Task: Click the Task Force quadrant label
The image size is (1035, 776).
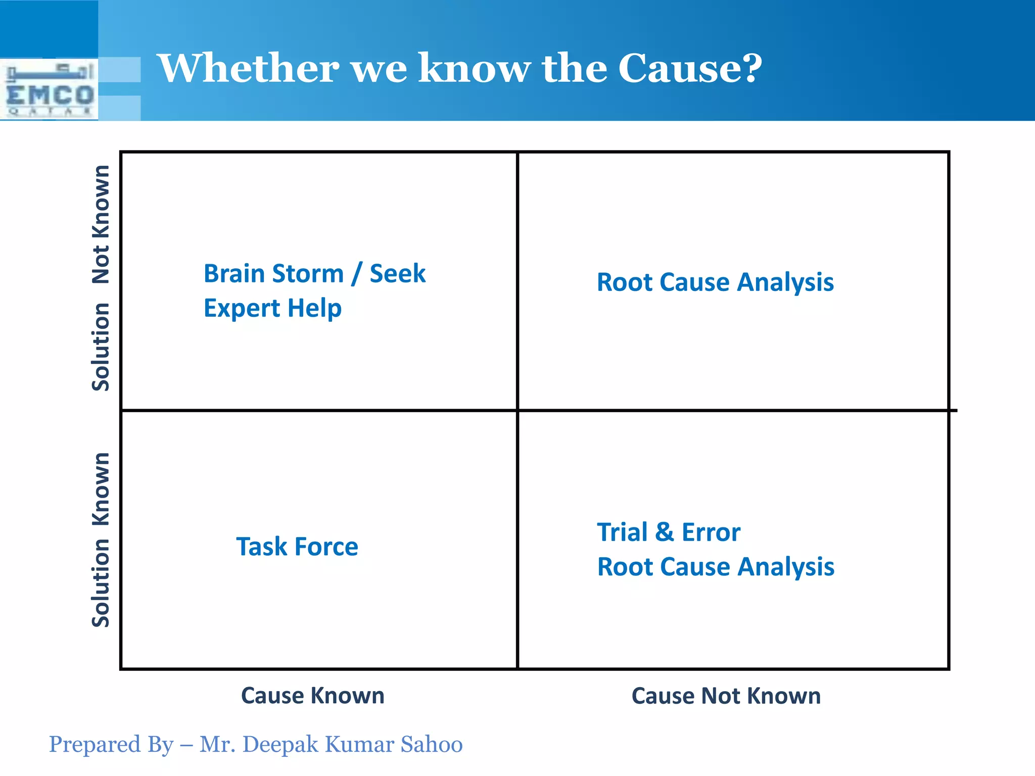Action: [297, 547]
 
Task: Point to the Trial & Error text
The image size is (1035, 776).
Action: [668, 532]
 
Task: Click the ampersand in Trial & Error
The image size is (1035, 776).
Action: [664, 532]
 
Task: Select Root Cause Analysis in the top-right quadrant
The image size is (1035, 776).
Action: [715, 282]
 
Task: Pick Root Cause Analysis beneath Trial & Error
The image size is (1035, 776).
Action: [715, 566]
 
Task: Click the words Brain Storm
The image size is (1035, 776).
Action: [273, 274]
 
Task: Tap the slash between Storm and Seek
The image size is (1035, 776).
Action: [357, 274]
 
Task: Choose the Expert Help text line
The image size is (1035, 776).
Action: [272, 308]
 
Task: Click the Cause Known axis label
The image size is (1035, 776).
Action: [312, 696]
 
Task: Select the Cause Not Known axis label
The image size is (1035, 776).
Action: [726, 696]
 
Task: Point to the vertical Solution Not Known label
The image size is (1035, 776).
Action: [101, 278]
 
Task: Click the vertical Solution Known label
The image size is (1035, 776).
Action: [101, 540]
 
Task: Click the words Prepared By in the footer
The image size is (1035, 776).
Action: [111, 745]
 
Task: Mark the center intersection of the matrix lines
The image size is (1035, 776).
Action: [517, 410]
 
